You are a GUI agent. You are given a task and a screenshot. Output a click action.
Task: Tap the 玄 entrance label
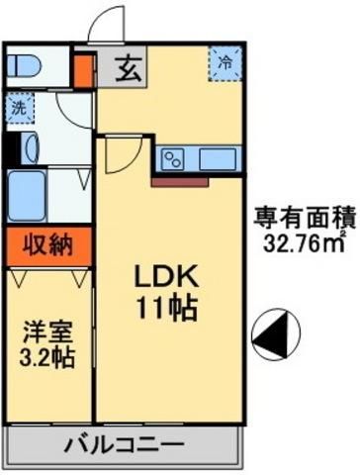(x=129, y=69)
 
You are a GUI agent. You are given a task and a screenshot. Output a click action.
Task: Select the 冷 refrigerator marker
(x=225, y=60)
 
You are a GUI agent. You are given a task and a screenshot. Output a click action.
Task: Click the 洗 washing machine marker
(x=19, y=107)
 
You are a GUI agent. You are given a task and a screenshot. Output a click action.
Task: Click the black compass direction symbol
(x=270, y=334)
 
